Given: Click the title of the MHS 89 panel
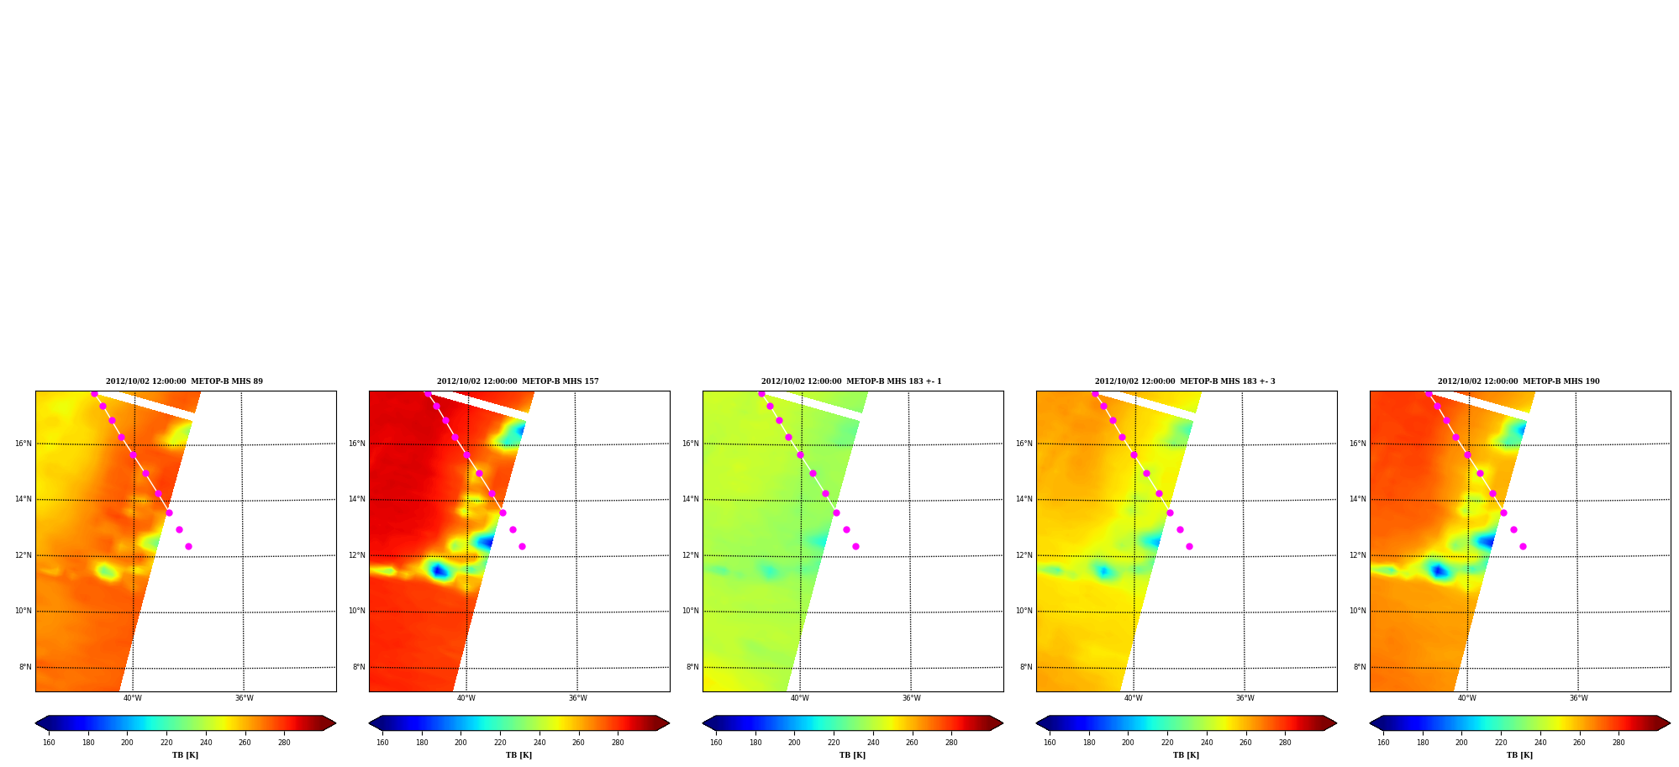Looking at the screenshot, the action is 184,381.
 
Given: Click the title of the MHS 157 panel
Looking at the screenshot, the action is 518,381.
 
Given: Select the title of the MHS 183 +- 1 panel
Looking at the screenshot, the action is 851,381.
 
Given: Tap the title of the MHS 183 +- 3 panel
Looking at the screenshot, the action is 1185,381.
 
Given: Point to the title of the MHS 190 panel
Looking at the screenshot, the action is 1518,381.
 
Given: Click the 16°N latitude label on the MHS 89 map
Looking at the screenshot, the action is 24,444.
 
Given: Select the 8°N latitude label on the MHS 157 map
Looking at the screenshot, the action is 359,667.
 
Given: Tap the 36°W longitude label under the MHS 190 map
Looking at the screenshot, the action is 1578,698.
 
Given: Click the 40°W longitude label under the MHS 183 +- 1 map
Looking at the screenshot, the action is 799,698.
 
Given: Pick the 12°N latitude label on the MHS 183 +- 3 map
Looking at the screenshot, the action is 1024,555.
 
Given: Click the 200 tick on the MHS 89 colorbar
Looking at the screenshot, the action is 127,743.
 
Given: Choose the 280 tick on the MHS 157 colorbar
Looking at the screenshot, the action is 618,743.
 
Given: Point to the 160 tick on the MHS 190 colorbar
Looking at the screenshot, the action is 1383,743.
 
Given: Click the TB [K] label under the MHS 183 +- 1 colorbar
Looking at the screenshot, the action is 852,755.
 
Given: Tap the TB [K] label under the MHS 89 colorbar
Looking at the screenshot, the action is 185,755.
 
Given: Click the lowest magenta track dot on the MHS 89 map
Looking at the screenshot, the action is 188,546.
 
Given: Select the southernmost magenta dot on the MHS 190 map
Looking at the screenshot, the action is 1523,546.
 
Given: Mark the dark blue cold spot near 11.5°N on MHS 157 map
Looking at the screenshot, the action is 438,571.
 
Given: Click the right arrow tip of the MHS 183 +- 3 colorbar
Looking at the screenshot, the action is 1336,722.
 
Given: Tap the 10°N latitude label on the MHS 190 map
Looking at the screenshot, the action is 1358,611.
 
